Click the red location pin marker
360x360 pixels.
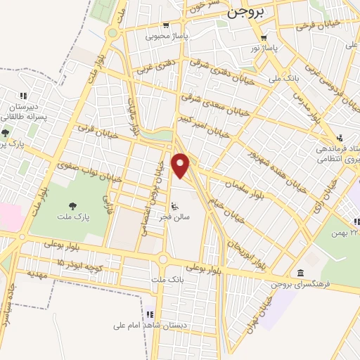click(x=181, y=166)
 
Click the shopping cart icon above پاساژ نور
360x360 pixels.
click(x=264, y=39)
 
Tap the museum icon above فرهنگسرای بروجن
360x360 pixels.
click(x=301, y=273)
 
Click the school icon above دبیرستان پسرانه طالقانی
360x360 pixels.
click(x=23, y=96)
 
